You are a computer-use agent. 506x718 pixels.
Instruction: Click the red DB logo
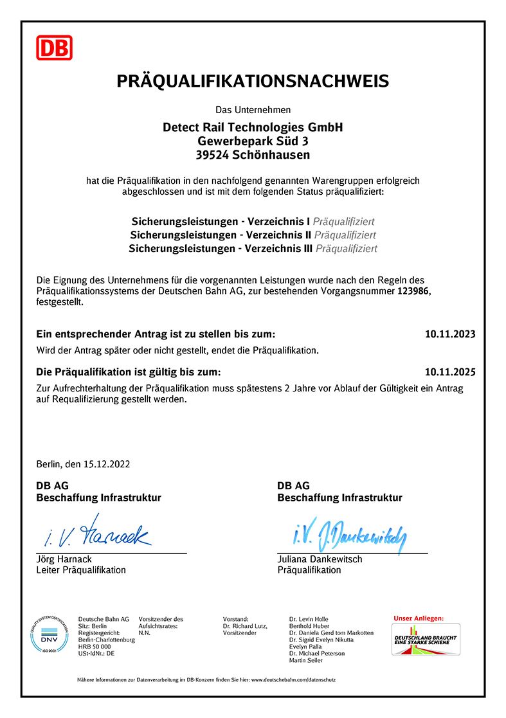point(54,48)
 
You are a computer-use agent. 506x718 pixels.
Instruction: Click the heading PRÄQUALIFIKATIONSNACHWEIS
point(253,81)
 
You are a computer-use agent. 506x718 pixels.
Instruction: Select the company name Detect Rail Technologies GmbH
point(253,127)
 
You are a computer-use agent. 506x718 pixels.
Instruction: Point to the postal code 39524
point(212,155)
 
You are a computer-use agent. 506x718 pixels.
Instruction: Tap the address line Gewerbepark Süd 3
point(253,141)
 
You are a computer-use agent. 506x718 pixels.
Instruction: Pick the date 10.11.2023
point(450,334)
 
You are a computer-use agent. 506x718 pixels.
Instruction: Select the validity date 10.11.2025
point(450,372)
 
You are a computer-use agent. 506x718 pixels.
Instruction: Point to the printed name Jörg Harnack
point(64,559)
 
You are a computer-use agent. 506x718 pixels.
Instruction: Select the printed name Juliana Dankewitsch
point(320,559)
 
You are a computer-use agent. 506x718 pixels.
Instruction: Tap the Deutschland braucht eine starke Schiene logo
point(426,640)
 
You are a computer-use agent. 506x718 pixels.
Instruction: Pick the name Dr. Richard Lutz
point(244,625)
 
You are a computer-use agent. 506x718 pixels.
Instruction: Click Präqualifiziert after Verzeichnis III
point(347,248)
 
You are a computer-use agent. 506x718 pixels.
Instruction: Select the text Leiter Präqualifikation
point(81,570)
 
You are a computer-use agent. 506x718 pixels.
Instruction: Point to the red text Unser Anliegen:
point(419,618)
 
